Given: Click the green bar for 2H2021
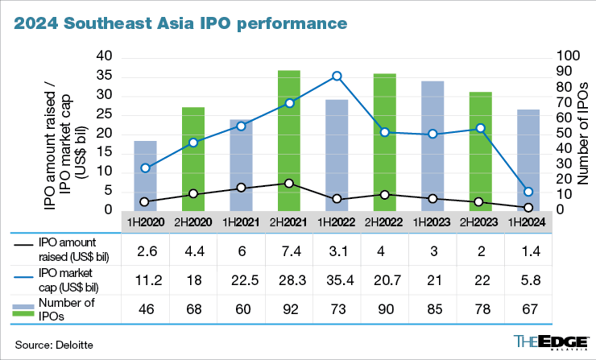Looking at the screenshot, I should [289, 140].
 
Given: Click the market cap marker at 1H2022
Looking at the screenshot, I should [337, 77].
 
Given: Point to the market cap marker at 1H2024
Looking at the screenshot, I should [528, 192].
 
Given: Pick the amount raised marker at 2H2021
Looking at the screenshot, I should [289, 184].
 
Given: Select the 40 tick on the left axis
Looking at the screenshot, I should [103, 56].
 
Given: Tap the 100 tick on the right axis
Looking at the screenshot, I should [569, 56].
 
